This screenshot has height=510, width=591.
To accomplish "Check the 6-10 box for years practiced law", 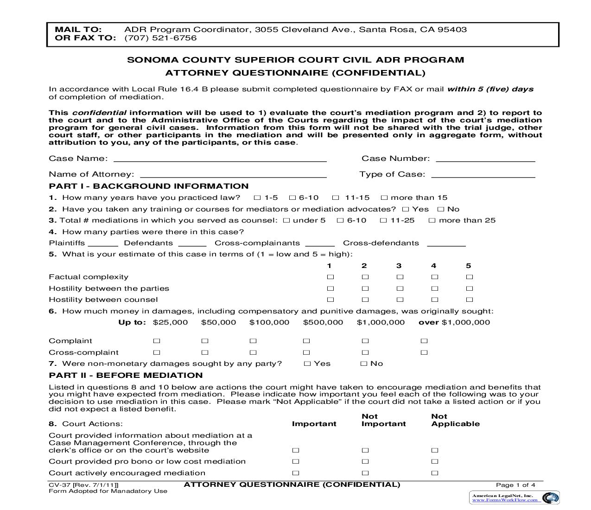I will click(292, 198).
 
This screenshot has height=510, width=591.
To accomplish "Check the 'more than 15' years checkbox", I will click(384, 198).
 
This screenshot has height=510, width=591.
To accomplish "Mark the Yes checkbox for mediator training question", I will click(406, 210).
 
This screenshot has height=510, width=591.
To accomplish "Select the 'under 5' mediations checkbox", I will click(286, 221).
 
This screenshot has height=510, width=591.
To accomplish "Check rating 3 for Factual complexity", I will click(400, 277).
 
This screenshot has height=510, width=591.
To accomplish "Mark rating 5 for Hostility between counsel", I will click(469, 300).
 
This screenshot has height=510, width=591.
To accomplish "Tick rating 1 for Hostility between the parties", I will click(330, 288).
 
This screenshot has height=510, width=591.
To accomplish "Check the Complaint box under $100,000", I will click(253, 341).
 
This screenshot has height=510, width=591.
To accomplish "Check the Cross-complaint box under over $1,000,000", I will click(424, 353).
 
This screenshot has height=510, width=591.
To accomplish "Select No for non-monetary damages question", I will click(364, 364).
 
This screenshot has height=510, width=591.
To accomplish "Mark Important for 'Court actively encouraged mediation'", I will click(296, 473).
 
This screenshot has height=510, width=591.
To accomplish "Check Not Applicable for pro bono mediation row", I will click(434, 462).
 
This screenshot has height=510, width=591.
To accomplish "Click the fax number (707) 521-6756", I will click(160, 38).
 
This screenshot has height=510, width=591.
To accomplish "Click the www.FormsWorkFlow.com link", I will click(505, 500).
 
